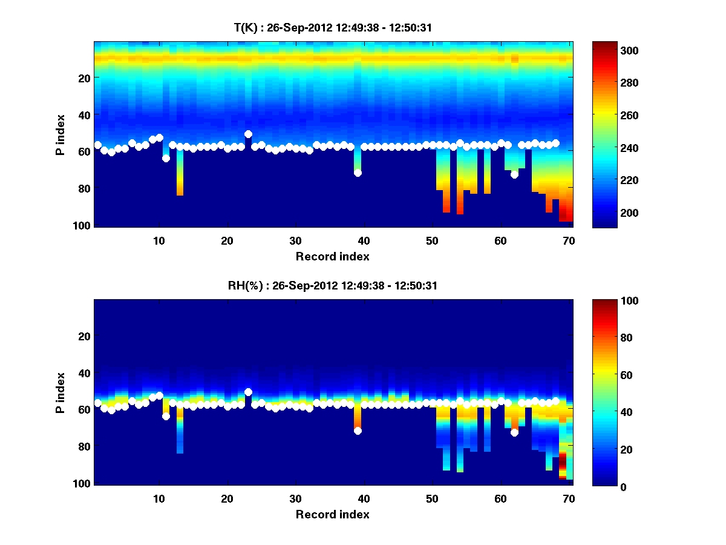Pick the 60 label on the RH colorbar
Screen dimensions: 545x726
pyautogui.click(x=611, y=375)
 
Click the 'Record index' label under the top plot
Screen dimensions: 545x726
pyautogui.click(x=332, y=256)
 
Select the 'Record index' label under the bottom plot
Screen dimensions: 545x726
pyautogui.click(x=332, y=514)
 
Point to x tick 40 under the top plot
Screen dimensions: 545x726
pyautogui.click(x=364, y=240)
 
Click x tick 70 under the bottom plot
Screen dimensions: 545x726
pyautogui.click(x=569, y=498)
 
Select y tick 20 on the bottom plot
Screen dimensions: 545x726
pyautogui.click(x=84, y=336)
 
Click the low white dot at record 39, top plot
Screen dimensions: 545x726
pyautogui.click(x=358, y=173)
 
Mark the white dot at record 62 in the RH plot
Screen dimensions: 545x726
pyautogui.click(x=514, y=432)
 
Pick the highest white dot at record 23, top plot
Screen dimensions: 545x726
pyautogui.click(x=248, y=134)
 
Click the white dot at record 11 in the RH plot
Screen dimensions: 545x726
pyautogui.click(x=166, y=416)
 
